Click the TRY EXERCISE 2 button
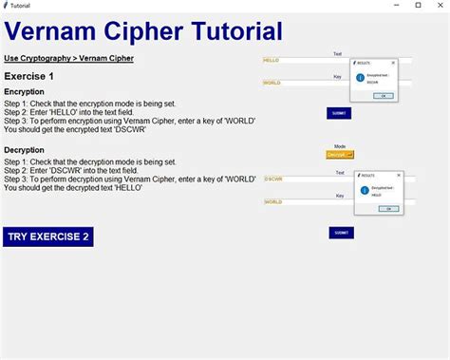(x=48, y=237)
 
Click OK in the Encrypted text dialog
(x=383, y=96)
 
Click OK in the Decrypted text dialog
(x=388, y=208)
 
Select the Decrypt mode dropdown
(x=339, y=154)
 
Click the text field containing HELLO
(x=304, y=60)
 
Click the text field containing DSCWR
(x=304, y=179)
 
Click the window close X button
(x=440, y=6)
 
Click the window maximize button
(x=418, y=6)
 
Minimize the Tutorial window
(x=395, y=6)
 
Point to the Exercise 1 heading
(x=29, y=75)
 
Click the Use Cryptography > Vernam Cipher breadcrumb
(x=68, y=58)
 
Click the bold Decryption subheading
(x=24, y=150)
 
